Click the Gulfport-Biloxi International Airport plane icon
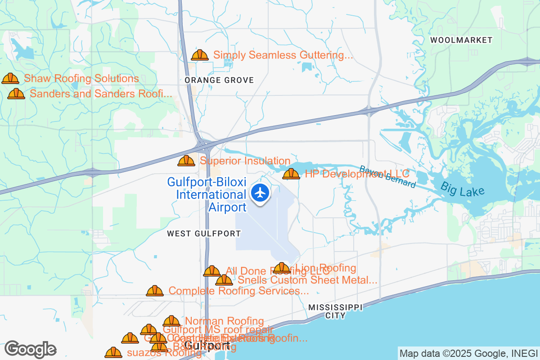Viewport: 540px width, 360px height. point(260,193)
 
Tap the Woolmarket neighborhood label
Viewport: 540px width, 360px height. point(461,40)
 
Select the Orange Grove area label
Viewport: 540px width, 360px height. point(219,80)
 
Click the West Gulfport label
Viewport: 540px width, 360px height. point(204,234)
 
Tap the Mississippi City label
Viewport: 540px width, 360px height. point(335,311)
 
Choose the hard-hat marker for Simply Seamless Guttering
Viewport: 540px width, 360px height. point(200,55)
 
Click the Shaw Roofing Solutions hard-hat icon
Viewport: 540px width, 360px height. point(10,79)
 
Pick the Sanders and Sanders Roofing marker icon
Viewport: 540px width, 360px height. point(16,94)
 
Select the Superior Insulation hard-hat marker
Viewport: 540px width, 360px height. point(186,161)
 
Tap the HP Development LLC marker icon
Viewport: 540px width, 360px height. point(291,174)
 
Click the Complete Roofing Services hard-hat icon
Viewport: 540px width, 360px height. point(155,291)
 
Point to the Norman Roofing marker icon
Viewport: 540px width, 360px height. point(171,321)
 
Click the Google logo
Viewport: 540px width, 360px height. point(31,349)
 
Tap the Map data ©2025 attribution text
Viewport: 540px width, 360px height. point(468,353)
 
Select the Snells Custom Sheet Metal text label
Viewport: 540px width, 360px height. point(307,280)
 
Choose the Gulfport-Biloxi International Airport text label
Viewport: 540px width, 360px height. point(207,194)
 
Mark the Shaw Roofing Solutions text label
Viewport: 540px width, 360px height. point(81,79)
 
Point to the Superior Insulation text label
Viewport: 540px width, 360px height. point(245,161)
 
